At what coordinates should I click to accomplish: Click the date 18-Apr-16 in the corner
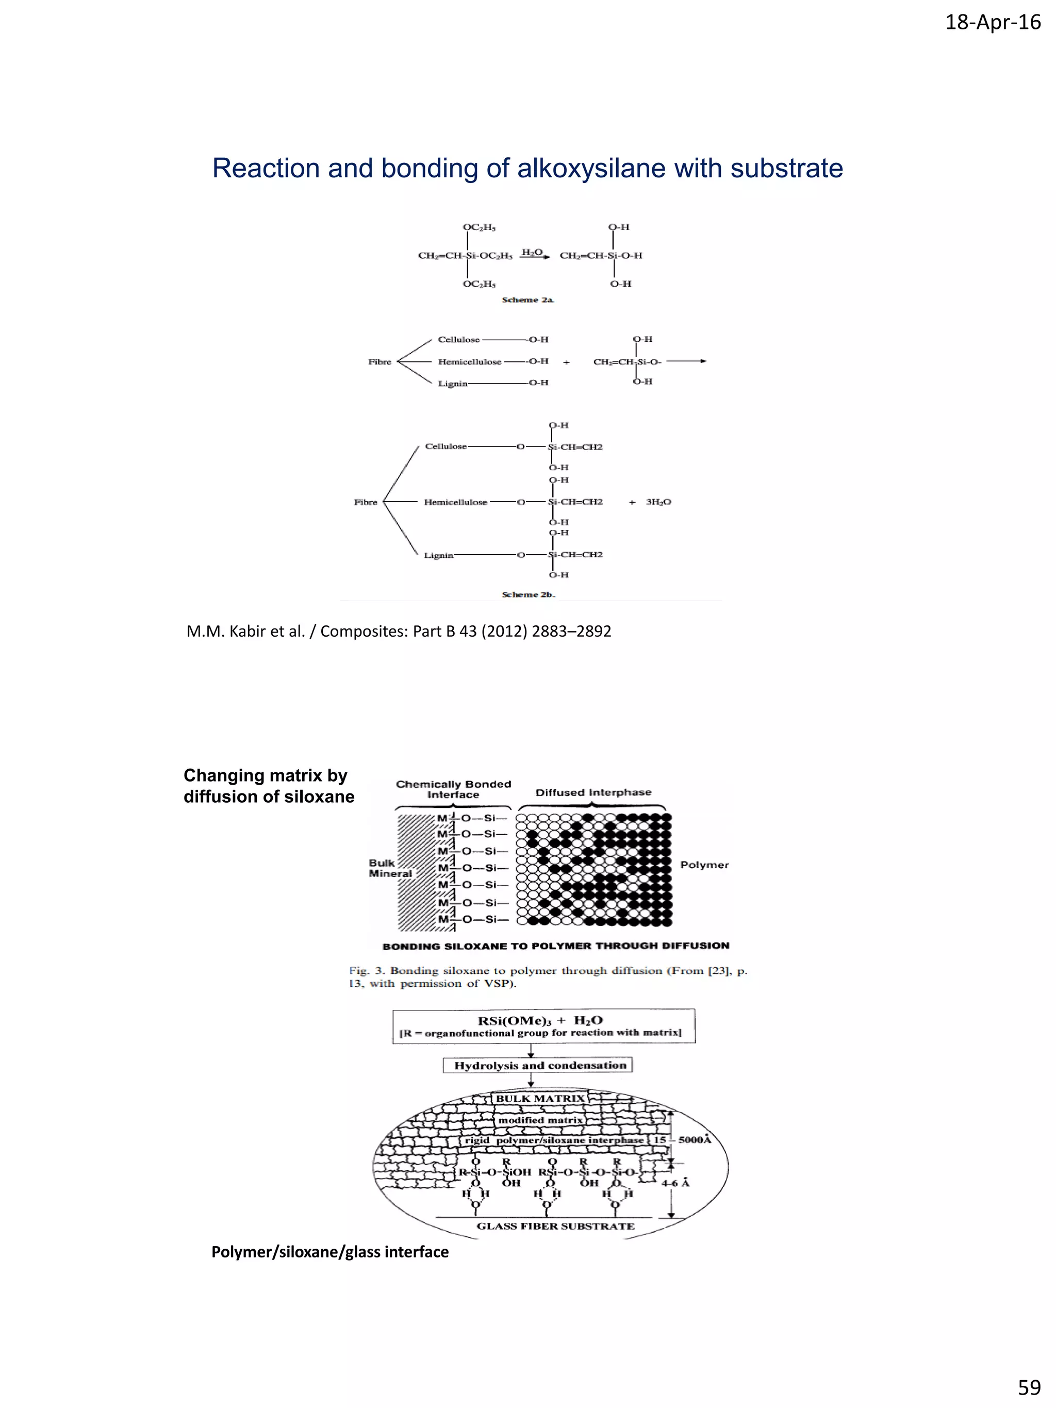[993, 23]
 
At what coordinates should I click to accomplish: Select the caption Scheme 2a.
[527, 300]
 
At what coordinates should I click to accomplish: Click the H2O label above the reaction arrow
[532, 252]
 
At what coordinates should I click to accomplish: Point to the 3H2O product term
[658, 502]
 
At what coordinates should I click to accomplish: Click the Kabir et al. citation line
[399, 631]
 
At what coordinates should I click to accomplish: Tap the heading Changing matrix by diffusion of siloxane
[269, 786]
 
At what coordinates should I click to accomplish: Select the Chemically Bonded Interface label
[453, 789]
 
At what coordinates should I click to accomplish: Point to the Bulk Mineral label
[390, 868]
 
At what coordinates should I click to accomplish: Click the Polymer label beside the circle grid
[704, 865]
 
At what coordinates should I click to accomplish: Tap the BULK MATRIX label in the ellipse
[540, 1099]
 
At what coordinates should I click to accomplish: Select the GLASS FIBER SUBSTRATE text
[555, 1226]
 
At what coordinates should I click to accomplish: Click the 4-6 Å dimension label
[675, 1183]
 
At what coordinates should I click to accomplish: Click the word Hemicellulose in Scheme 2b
[455, 502]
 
